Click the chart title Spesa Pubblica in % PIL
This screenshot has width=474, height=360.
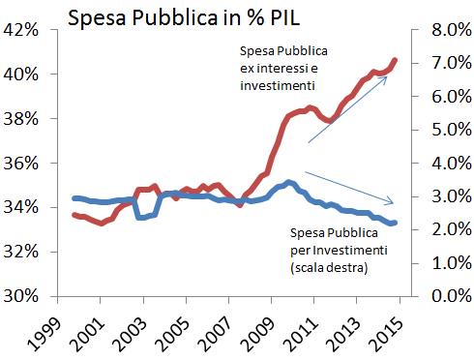click(184, 17)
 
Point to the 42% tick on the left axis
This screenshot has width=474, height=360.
click(20, 30)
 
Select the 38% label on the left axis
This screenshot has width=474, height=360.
click(20, 119)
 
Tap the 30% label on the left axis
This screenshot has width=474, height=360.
click(20, 296)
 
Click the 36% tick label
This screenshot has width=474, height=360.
click(20, 164)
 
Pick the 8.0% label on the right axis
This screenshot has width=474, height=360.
click(452, 30)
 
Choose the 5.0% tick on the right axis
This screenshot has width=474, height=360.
click(452, 130)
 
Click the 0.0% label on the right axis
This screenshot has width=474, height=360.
click(452, 296)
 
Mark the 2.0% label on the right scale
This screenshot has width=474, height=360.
click(452, 229)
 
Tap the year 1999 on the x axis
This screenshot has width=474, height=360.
click(44, 334)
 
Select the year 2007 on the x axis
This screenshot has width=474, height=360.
click(216, 334)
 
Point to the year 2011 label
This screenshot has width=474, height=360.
click(301, 334)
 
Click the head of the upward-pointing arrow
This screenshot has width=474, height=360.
click(386, 77)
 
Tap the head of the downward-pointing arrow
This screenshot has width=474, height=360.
click(393, 203)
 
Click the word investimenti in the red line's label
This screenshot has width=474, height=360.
click(278, 85)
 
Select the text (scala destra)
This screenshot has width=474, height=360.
click(329, 268)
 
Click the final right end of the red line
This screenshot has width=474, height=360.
click(395, 60)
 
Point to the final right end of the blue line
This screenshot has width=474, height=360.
click(395, 223)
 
